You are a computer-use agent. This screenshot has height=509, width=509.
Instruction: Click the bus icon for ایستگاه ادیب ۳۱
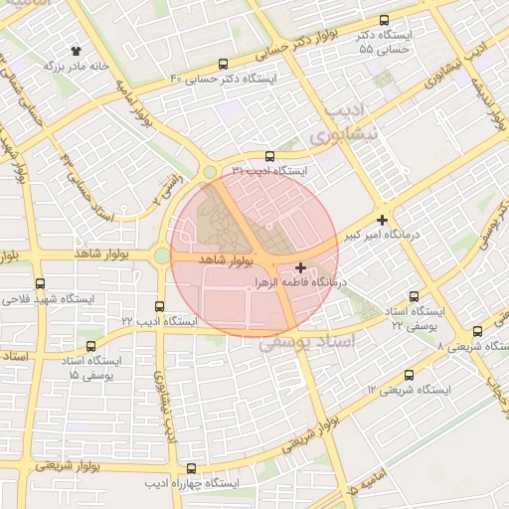tap(269, 156)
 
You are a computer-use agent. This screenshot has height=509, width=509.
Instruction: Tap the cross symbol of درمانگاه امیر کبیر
tap(383, 219)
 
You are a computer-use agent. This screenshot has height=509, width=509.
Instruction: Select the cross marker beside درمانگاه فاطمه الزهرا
tap(301, 267)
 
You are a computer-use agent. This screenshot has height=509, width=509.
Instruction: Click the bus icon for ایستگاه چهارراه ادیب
tap(191, 468)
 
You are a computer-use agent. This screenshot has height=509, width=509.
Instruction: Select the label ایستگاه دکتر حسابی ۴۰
tap(224, 78)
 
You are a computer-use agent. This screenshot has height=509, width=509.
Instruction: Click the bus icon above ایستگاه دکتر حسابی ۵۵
tap(385, 20)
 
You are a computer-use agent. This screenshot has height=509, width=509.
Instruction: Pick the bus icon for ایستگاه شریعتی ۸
tap(478, 331)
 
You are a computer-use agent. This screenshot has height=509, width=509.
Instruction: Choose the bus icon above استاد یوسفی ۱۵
tap(91, 347)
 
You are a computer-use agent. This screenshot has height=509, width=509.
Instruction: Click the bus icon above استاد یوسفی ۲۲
tap(415, 296)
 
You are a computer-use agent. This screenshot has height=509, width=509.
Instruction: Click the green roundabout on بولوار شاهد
tap(161, 256)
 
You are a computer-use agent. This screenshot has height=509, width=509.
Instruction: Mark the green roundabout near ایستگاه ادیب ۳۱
tap(210, 172)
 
